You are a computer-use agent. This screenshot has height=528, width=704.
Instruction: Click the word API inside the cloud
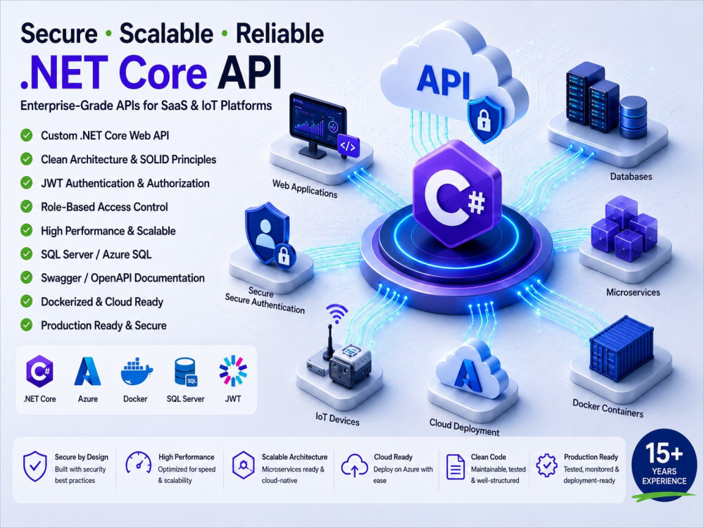pyautogui.click(x=444, y=81)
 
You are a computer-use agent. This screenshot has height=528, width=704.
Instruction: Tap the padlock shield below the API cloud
pyautogui.click(x=484, y=120)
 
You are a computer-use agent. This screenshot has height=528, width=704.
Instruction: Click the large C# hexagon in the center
pyautogui.click(x=457, y=194)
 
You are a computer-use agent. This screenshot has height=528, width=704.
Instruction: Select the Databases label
pyautogui.click(x=631, y=177)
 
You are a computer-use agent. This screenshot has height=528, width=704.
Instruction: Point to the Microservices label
pyautogui.click(x=633, y=292)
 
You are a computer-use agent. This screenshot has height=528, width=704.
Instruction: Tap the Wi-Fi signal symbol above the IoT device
pyautogui.click(x=337, y=313)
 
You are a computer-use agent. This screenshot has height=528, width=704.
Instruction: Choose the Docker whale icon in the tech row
pyautogui.click(x=137, y=372)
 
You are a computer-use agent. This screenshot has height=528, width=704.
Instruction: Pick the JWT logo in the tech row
pyautogui.click(x=233, y=371)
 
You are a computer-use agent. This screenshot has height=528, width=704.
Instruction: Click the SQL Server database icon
pyautogui.click(x=185, y=372)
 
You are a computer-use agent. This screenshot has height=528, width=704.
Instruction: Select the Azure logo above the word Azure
pyautogui.click(x=87, y=371)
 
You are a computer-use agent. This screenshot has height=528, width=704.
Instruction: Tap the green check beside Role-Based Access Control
pyautogui.click(x=27, y=206)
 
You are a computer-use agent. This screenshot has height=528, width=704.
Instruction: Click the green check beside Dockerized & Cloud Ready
pyautogui.click(x=27, y=301)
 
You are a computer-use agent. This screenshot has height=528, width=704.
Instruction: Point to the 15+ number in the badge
pyautogui.click(x=664, y=453)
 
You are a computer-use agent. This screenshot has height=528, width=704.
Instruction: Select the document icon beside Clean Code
pyautogui.click(x=455, y=467)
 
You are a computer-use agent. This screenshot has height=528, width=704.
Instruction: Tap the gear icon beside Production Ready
pyautogui.click(x=547, y=465)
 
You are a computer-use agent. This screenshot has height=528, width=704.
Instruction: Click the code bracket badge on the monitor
pyautogui.click(x=348, y=146)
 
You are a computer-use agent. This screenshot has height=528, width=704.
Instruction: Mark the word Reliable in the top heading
pyautogui.click(x=279, y=34)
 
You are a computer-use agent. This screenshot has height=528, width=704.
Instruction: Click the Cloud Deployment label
pyautogui.click(x=464, y=427)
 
